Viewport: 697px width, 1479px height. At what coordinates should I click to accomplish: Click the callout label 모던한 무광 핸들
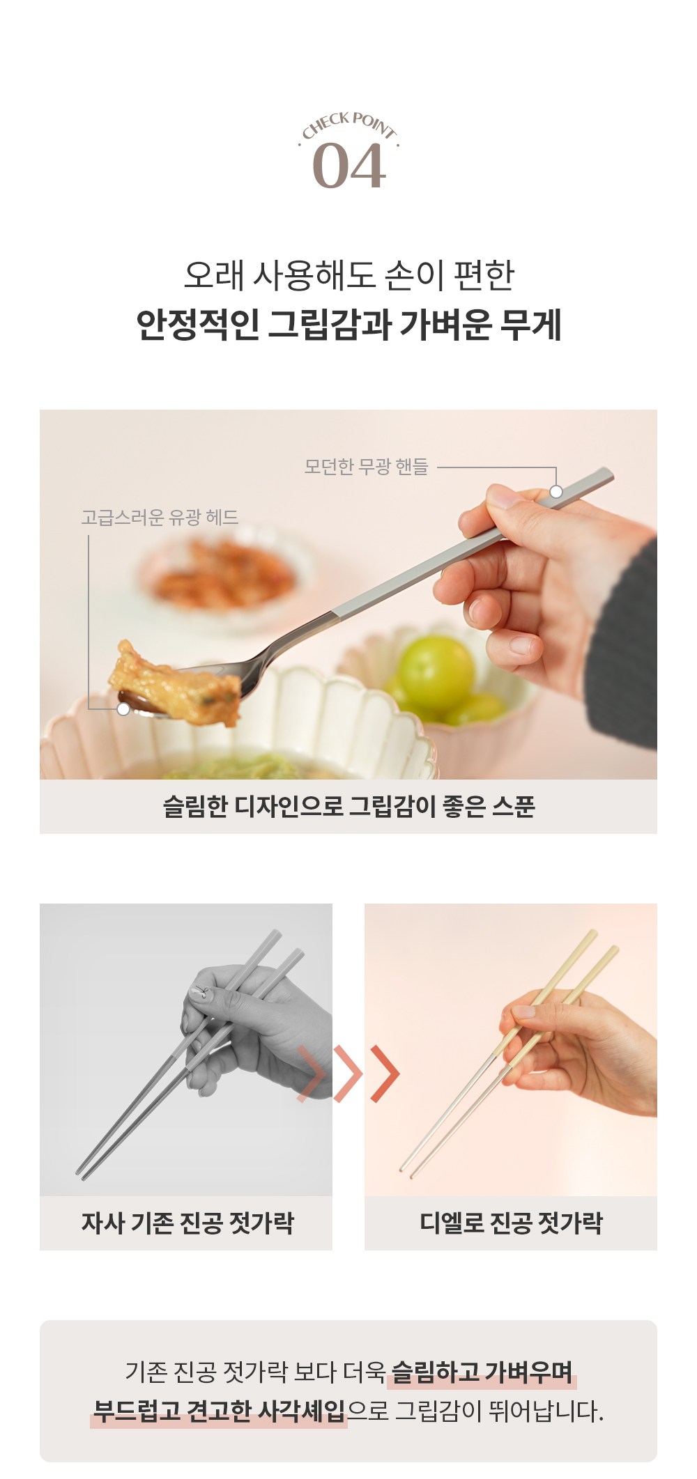(x=366, y=466)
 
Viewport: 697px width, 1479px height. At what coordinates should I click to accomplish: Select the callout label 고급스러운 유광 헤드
(x=160, y=517)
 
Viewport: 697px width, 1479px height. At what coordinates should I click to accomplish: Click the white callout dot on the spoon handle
(x=556, y=491)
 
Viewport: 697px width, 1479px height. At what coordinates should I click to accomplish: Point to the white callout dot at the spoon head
(x=123, y=709)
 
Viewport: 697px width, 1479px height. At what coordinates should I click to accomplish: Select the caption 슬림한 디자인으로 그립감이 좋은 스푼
(x=348, y=806)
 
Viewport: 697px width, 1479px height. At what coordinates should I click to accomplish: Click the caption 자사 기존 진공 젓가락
(x=187, y=1223)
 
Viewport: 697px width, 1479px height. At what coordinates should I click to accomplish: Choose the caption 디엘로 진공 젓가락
(x=511, y=1223)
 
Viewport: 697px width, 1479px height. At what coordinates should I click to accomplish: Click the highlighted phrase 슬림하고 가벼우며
(x=482, y=1372)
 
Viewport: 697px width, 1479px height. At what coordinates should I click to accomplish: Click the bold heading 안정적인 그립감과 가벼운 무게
(x=348, y=325)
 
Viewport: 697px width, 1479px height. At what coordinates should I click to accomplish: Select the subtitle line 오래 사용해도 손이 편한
(x=348, y=276)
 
